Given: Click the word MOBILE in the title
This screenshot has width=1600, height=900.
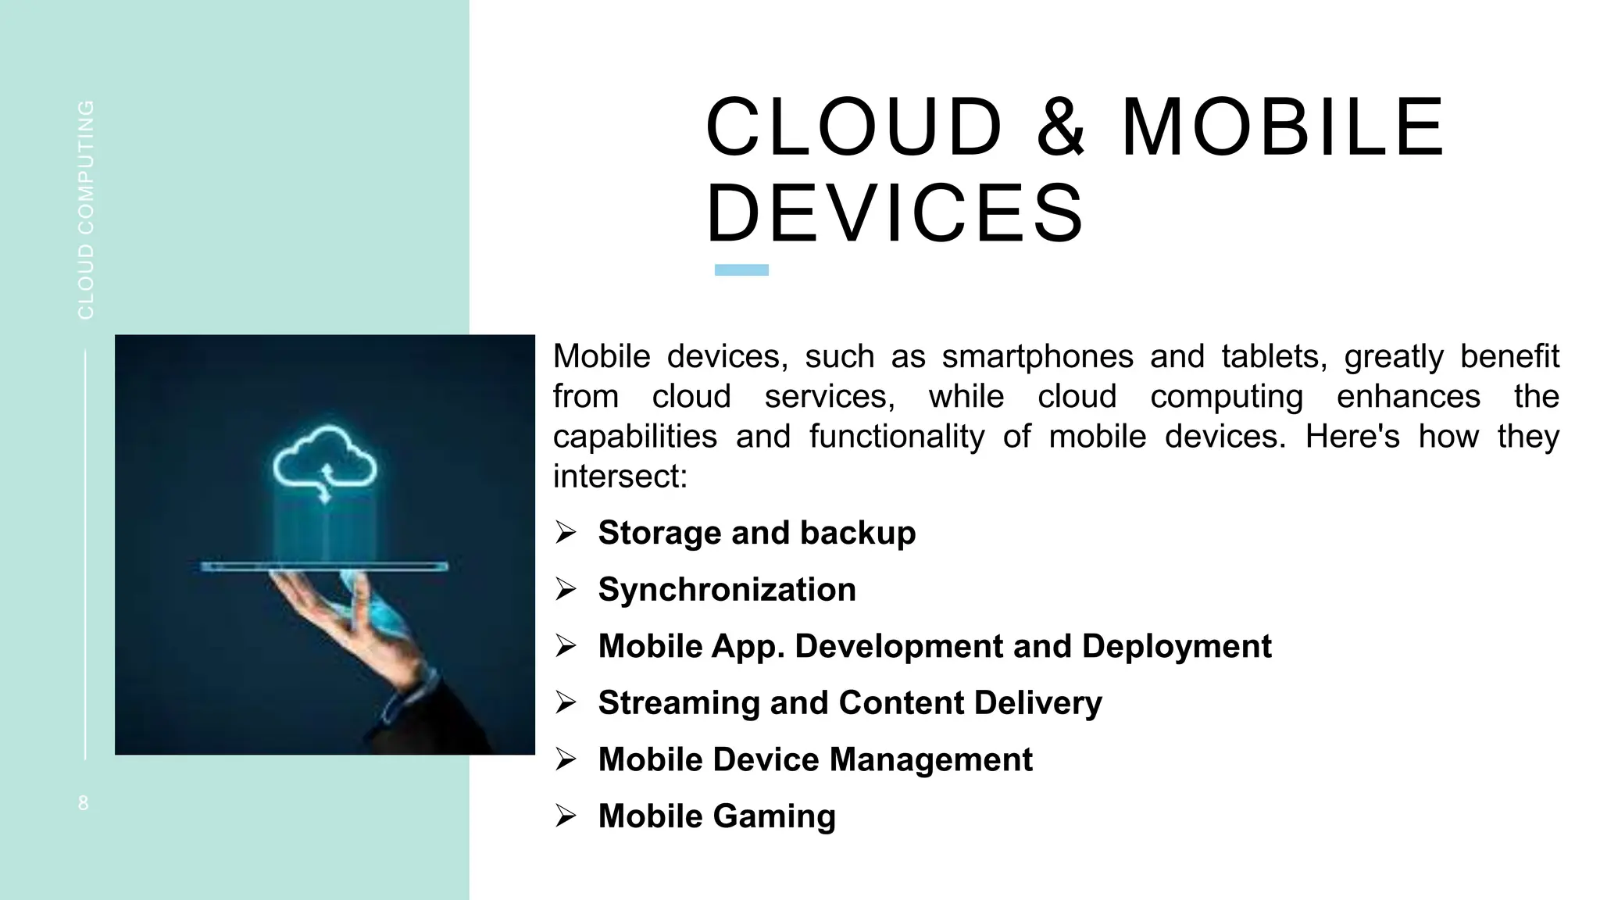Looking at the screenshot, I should pos(1283,127).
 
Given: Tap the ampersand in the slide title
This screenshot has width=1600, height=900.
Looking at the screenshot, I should pos(1060,127).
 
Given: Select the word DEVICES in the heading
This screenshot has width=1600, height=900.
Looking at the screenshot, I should pos(895,213).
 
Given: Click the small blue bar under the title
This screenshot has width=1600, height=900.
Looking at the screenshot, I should pos(741,270).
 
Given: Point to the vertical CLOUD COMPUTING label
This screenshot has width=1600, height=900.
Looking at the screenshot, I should pos(86,209).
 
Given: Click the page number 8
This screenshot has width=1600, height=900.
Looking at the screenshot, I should pos(84,803).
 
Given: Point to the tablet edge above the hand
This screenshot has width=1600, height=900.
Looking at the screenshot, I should pos(324,566).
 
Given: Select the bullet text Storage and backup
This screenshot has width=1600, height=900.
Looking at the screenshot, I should pos(756,533).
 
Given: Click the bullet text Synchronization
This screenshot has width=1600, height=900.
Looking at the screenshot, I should pos(727,590).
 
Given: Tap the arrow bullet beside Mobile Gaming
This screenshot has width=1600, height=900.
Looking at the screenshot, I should pos(566,816).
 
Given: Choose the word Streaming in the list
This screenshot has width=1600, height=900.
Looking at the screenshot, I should pos(678,703).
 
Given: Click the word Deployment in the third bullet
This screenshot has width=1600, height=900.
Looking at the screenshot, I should pos(1177,646).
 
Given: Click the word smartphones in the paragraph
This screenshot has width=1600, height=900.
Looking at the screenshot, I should pos(1037,356).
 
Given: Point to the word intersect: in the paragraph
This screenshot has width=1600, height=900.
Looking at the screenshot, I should pos(620,477).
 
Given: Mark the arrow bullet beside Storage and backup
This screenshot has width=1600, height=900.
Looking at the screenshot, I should pos(566,533).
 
